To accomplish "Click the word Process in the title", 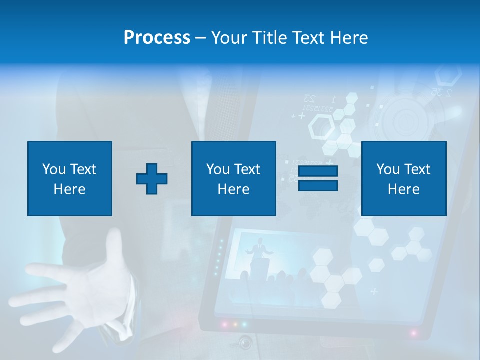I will point(157,38).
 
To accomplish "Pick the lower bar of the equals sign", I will point(318,185).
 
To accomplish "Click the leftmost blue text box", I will point(70,178).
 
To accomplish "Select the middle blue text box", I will point(233,178).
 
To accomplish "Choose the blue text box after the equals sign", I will point(403,178).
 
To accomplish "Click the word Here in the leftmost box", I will point(69,189).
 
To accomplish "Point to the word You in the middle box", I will point(218,169).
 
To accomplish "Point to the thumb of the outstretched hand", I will point(115,245).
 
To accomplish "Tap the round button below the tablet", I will point(245,342).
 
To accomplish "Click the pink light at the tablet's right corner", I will point(413,333).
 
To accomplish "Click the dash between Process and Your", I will point(201,38).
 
